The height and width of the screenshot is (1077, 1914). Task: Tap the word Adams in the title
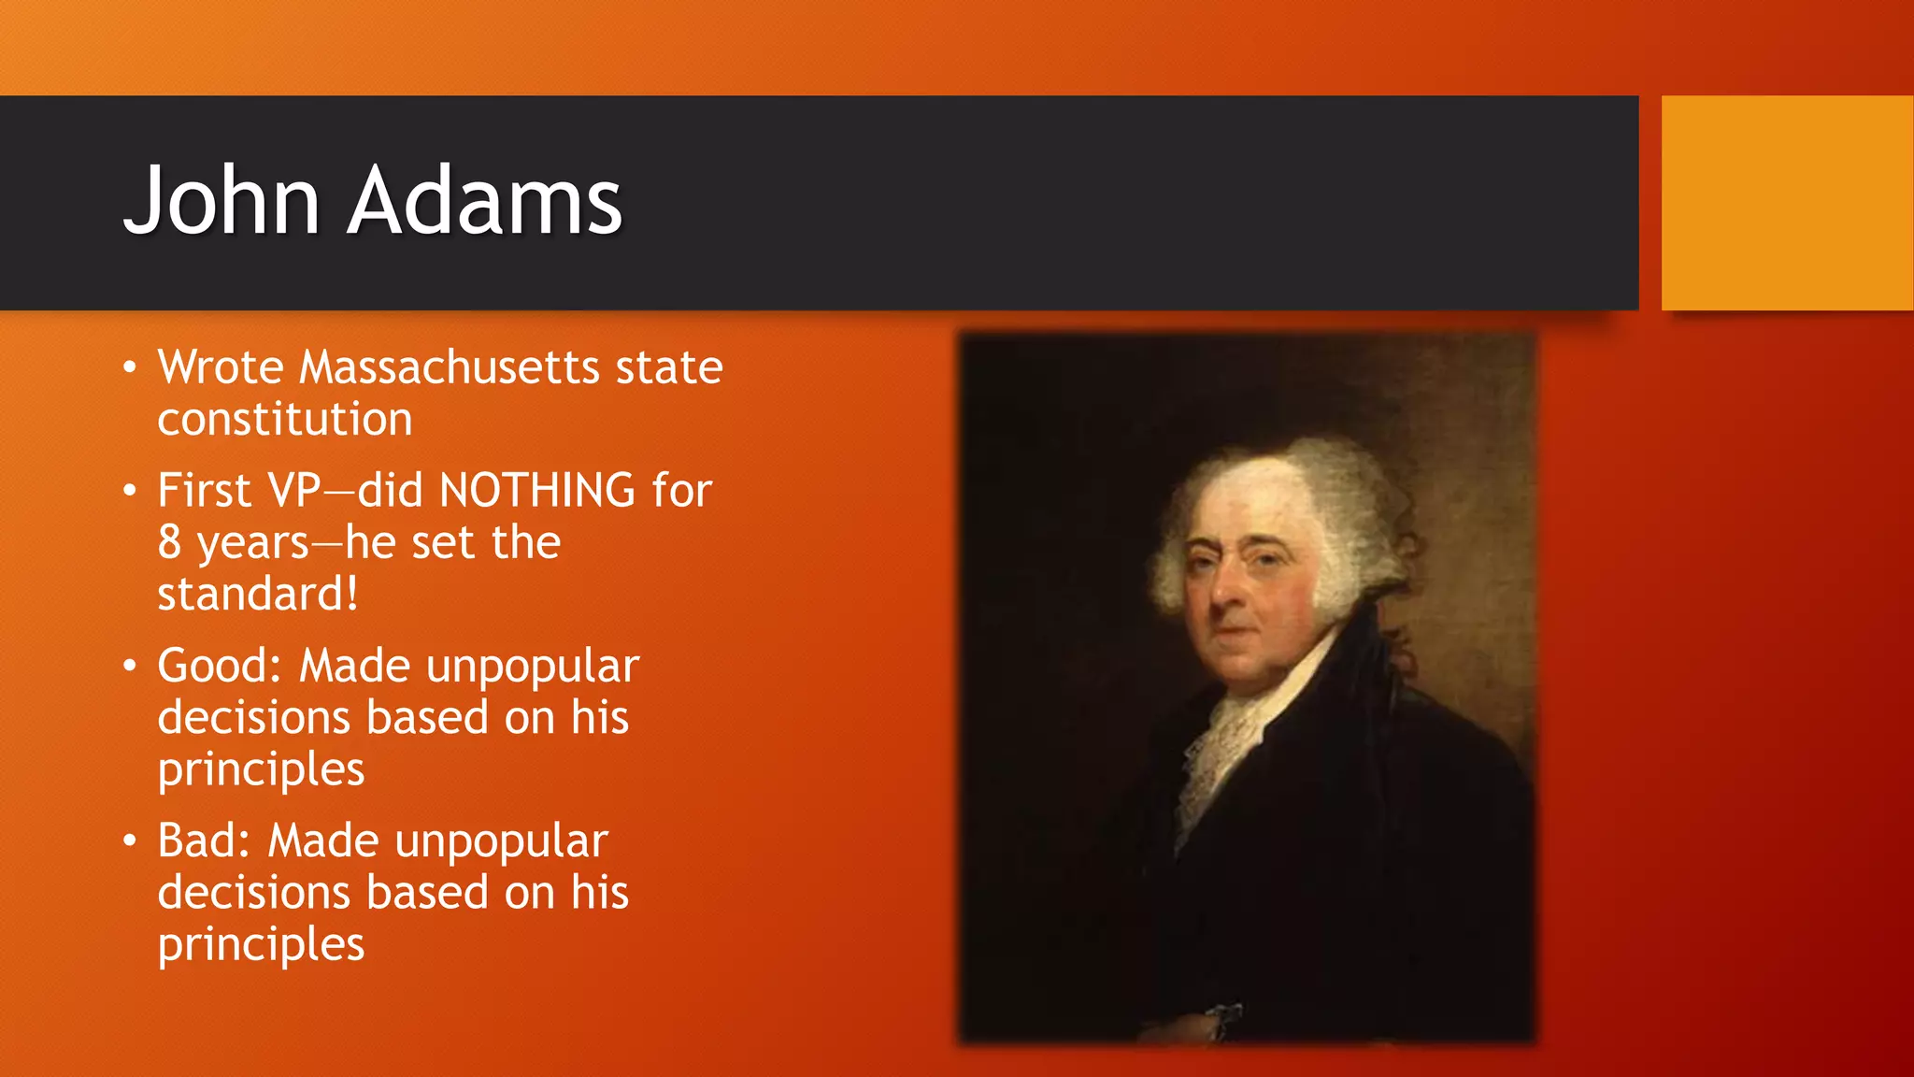(484, 200)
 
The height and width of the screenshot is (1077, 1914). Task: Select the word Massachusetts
(449, 366)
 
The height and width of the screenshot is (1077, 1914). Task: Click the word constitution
(284, 419)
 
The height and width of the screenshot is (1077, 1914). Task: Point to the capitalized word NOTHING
(537, 491)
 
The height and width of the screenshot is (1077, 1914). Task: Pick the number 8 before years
(169, 542)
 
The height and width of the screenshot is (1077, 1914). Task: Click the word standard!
(257, 595)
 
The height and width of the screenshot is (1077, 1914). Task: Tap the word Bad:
(204, 840)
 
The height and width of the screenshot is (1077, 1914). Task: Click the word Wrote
(220, 366)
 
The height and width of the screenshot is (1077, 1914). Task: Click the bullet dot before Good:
(130, 667)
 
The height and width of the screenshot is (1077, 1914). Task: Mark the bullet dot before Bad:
(130, 841)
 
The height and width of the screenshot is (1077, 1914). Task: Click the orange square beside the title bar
(1786, 203)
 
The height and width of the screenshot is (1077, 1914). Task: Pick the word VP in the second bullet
(294, 491)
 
